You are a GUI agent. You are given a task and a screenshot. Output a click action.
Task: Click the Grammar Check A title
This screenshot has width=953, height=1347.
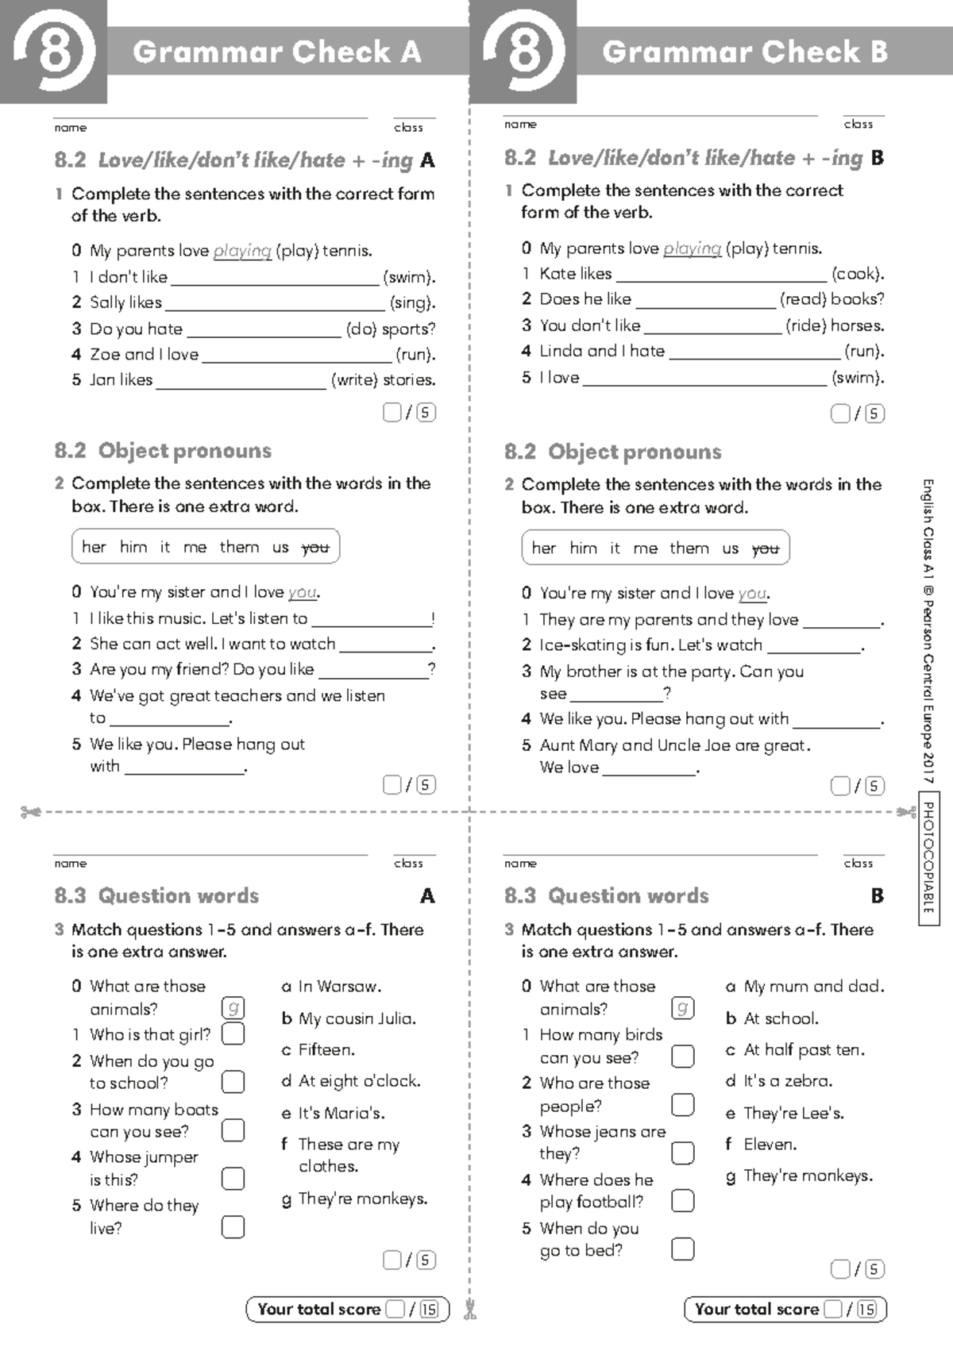point(276,52)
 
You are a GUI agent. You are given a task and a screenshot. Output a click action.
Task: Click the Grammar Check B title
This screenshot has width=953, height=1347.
point(744,52)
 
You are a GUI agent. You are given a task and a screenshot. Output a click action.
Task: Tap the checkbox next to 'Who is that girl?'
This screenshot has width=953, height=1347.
point(233,1033)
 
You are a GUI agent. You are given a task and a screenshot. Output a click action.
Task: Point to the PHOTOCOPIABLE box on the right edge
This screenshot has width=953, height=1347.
point(928,857)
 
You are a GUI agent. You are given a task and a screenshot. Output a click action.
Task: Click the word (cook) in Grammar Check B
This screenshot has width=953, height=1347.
point(857,274)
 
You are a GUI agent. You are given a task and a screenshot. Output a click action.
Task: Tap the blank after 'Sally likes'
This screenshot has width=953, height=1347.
point(275,303)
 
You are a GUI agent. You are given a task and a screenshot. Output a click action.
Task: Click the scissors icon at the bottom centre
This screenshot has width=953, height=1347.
point(469,1309)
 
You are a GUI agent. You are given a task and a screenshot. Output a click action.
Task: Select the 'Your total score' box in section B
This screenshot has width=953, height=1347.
point(785,1309)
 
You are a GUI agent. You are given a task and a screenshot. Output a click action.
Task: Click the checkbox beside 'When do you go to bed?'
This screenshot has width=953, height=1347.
point(682,1249)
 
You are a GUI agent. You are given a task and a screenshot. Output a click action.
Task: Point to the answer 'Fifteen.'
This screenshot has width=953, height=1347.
point(326,1050)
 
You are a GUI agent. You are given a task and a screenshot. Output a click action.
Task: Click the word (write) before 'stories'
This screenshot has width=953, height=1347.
point(354,380)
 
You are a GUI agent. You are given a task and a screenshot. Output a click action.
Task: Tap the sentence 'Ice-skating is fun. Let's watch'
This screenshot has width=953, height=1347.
point(650,645)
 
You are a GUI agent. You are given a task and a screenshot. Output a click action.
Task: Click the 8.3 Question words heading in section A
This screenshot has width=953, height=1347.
point(156,896)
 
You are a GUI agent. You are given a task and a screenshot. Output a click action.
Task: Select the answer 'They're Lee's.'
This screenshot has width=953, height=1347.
point(793,1114)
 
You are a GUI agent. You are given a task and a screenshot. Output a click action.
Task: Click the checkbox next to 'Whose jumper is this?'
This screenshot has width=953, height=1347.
point(233,1178)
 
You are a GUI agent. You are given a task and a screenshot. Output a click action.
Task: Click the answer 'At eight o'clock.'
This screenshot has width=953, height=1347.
point(359,1081)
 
